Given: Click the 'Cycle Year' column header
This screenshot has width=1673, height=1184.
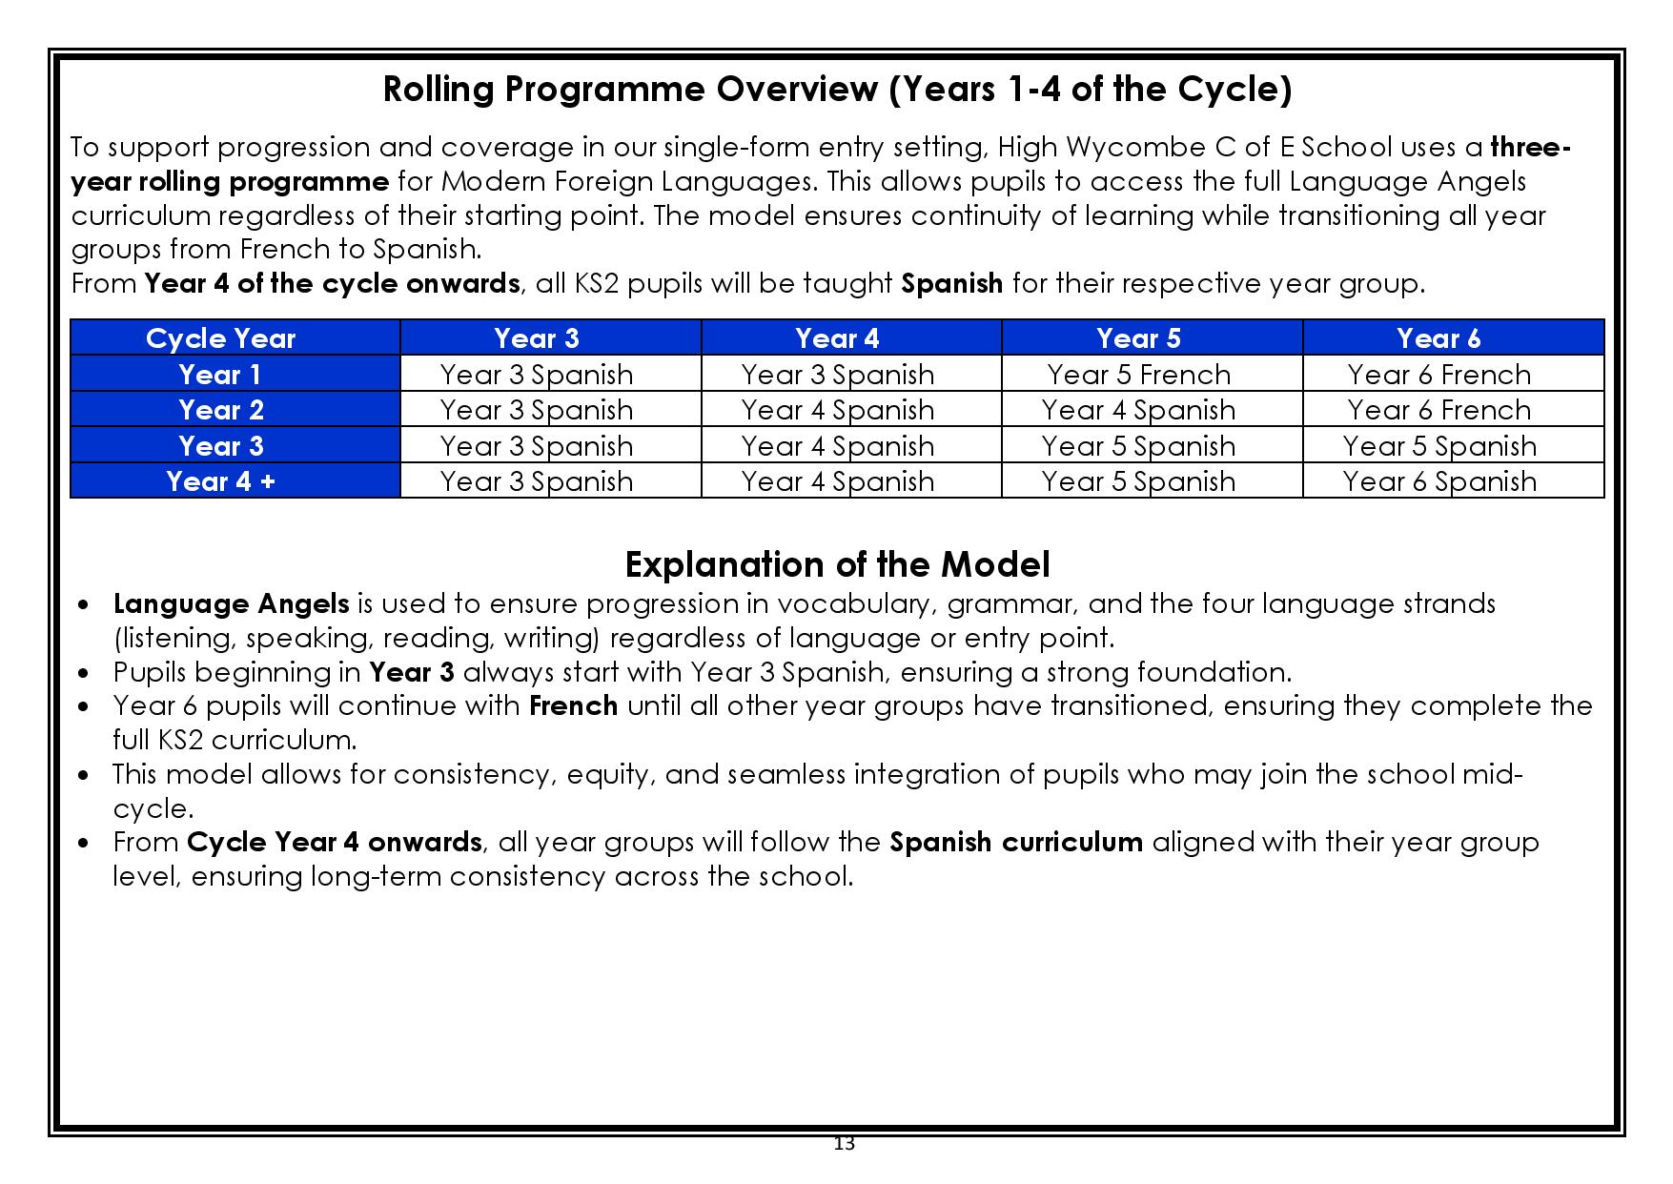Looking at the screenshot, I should pos(220,338).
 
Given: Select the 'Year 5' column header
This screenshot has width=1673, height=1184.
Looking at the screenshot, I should pos(1138,338).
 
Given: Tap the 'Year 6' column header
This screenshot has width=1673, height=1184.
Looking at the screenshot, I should pos(1438,338).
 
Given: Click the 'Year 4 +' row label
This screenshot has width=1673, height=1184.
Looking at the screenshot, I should pos(220,481).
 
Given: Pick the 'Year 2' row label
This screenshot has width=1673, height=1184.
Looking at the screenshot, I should pos(220,410).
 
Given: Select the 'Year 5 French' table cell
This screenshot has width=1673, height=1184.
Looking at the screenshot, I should pos(1138,375).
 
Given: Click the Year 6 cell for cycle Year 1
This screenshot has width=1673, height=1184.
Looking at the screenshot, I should pos(1438,375).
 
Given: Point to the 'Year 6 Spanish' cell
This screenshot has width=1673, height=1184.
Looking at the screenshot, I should pos(1438,481).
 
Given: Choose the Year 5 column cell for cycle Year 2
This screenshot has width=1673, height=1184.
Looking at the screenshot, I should pos(1138,410).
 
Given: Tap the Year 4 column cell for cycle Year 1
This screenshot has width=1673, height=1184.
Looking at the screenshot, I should pos(837,375).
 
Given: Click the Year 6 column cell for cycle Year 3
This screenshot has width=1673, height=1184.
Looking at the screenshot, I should pos(1438,446).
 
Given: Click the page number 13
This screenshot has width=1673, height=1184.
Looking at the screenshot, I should pos(844,1144).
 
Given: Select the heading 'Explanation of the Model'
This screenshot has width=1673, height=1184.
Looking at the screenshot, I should pos(837,564).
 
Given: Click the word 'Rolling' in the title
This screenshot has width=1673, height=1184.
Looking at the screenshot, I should pos(438,90).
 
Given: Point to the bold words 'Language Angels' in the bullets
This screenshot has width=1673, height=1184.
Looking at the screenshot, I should pos(231,604).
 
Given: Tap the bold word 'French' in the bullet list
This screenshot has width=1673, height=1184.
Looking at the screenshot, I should pos(573,706).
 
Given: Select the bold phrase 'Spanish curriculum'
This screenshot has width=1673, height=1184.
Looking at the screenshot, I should pos(1015,843).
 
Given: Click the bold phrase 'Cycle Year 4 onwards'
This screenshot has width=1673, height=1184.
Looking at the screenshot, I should pos(334,843).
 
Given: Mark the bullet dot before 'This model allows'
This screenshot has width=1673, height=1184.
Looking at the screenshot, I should pos(86,775).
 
